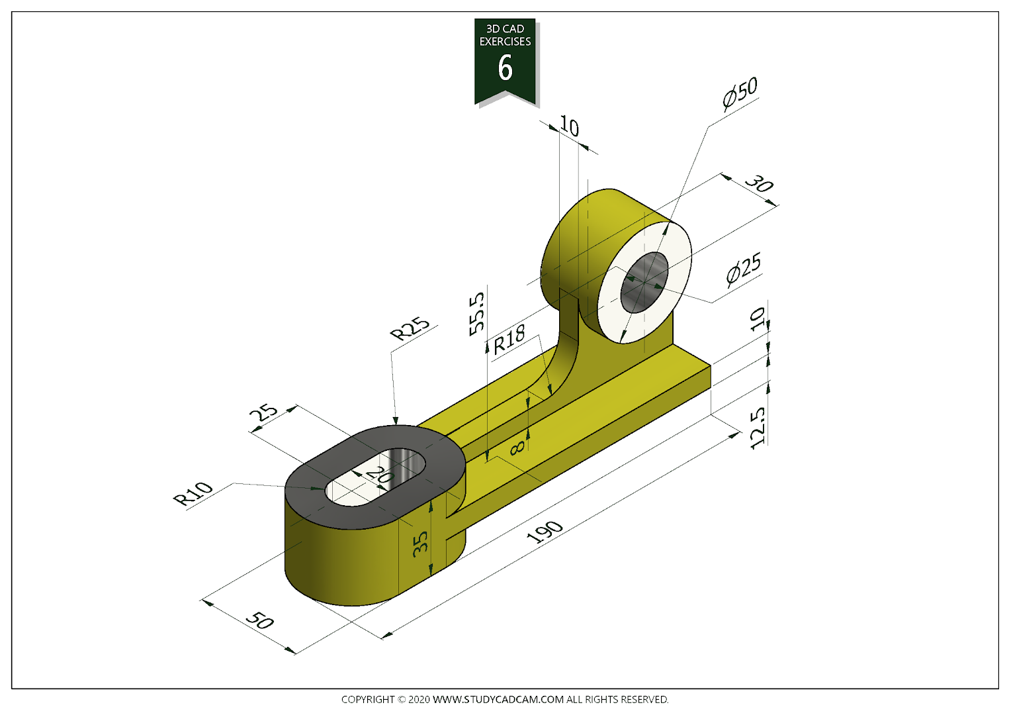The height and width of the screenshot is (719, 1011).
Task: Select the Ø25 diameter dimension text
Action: click(744, 269)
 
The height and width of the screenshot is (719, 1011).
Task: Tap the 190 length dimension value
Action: click(545, 531)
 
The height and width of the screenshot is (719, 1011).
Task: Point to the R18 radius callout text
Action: click(509, 339)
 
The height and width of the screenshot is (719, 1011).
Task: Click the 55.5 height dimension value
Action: click(477, 314)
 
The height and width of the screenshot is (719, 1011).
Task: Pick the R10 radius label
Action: click(193, 493)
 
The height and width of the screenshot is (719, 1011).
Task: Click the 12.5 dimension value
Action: click(758, 428)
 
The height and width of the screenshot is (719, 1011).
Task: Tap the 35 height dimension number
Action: click(420, 544)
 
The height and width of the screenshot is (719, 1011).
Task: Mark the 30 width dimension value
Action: click(759, 183)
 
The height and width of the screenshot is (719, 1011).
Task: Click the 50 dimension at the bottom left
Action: click(259, 620)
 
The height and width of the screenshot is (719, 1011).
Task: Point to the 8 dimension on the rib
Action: click(518, 448)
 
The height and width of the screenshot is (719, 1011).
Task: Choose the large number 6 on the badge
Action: click(505, 68)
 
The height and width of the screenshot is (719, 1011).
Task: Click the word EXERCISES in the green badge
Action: click(505, 42)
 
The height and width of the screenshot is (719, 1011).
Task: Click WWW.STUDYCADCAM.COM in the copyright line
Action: click(498, 699)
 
